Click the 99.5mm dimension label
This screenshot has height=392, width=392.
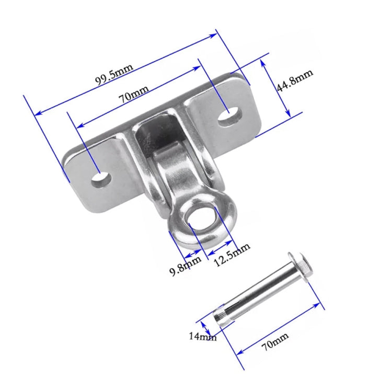pos(113,73)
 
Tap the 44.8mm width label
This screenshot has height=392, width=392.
pos(294,80)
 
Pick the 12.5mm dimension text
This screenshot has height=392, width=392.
pos(232,255)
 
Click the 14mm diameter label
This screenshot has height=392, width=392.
pos(202,337)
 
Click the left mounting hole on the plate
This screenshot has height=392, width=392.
pos(100,180)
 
